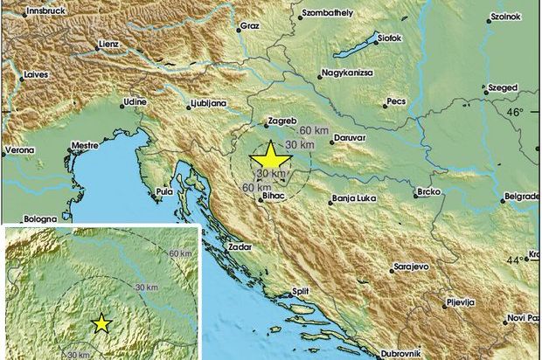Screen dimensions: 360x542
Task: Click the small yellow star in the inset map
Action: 102,323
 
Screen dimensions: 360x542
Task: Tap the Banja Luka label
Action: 354,199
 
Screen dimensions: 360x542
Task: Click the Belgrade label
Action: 522,197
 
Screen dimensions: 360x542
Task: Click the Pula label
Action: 163,190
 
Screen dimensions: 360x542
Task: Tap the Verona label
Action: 21,149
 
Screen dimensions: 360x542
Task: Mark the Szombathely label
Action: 329,14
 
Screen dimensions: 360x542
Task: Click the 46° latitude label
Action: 516,113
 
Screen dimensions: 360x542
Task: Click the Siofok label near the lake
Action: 389,38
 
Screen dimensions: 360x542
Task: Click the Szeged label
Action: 503,88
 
